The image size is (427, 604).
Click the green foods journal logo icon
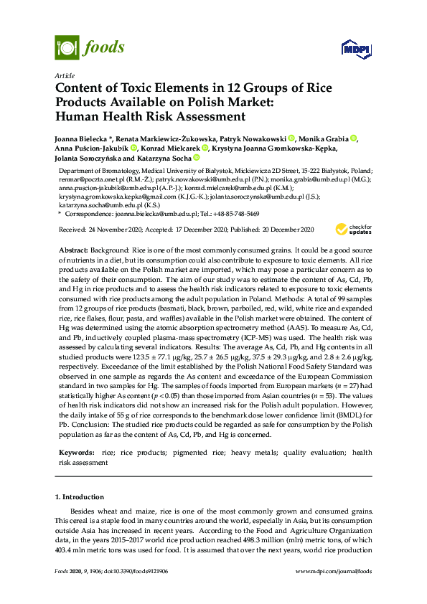67,47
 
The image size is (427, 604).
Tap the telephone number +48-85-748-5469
237,214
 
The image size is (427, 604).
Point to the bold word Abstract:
73,247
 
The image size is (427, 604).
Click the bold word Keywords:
76,452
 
